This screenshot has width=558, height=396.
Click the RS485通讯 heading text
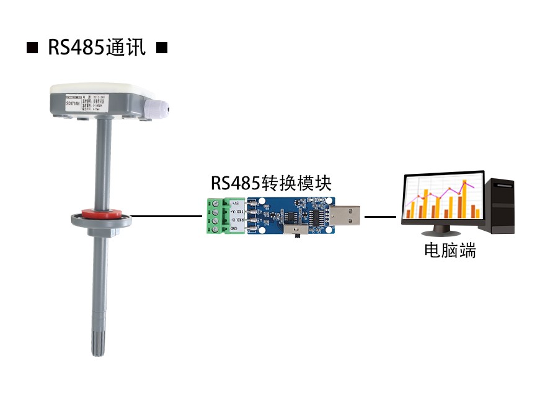97,48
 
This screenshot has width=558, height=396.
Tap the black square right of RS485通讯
161,48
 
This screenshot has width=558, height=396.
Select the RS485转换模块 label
271,183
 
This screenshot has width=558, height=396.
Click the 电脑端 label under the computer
450,251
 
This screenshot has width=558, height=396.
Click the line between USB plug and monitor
379,217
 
